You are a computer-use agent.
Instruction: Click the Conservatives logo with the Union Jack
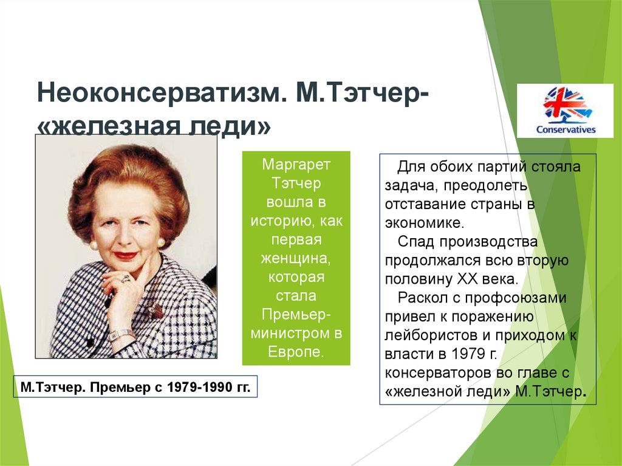click(x=565, y=105)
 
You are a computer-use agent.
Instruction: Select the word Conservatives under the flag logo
click(x=566, y=129)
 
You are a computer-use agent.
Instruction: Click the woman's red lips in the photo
click(x=126, y=255)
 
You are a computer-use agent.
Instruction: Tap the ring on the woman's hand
click(x=126, y=278)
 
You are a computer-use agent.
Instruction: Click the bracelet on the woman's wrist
click(x=121, y=334)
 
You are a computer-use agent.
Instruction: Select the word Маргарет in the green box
click(x=296, y=165)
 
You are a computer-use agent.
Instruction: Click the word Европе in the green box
click(x=296, y=352)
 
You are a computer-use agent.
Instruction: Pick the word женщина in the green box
click(x=296, y=259)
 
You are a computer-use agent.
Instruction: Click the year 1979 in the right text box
click(x=467, y=354)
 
